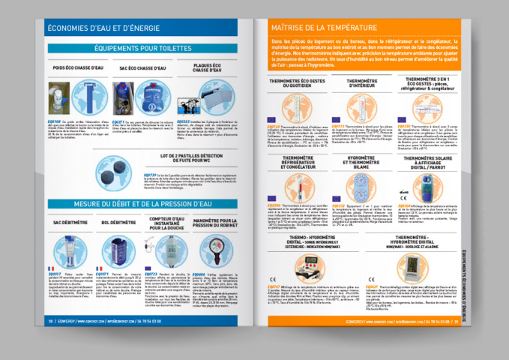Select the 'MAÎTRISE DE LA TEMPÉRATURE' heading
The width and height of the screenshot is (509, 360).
click(x=325, y=28)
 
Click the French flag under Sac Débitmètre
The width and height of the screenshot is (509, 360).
click(x=50, y=268)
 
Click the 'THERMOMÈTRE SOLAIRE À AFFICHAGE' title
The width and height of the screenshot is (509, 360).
click(x=430, y=162)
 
